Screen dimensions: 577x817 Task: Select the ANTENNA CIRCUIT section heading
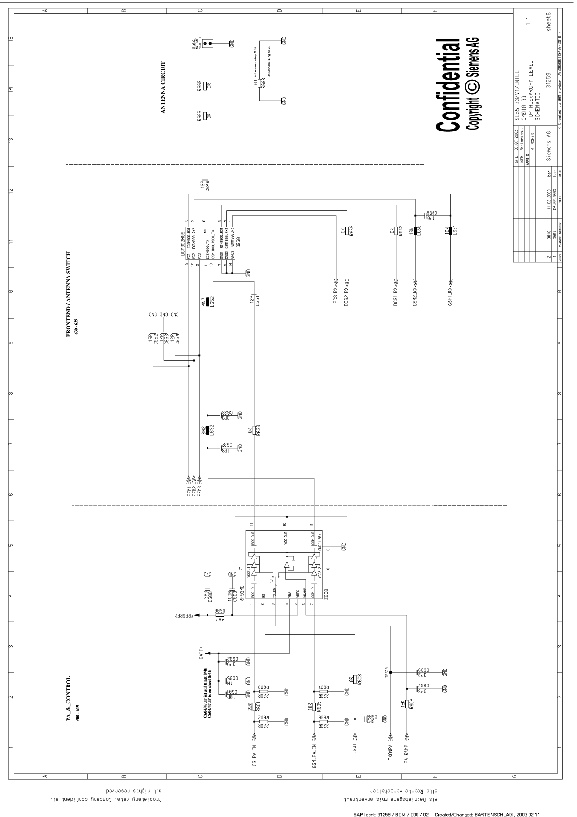163,87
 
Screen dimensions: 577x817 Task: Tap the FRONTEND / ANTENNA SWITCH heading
69,294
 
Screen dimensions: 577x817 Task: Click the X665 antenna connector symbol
208,44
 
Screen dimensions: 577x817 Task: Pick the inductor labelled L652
208,302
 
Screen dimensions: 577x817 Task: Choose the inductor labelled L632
208,430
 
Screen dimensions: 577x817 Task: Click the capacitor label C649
207,185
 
